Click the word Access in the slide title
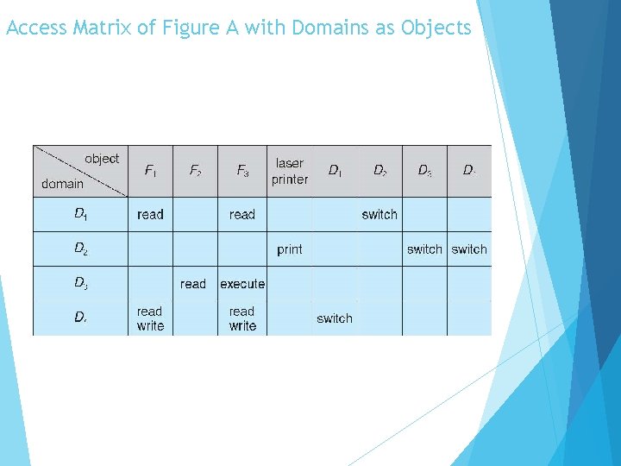pos(35,28)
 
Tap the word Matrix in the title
pos(103,28)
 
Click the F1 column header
pos(150,171)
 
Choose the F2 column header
pos(196,171)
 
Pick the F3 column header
pos(242,171)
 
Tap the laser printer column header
pos(289,171)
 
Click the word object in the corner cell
pos(102,159)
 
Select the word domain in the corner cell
pos(63,183)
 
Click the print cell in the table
pos(289,249)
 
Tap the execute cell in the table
pos(242,284)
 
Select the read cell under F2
pos(193,284)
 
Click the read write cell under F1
pos(150,318)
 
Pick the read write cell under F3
pos(242,318)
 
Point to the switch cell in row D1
pos(379,215)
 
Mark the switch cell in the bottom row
pos(335,318)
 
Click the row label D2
pos(80,249)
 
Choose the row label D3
pos(80,283)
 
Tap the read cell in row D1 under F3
pos(242,215)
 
